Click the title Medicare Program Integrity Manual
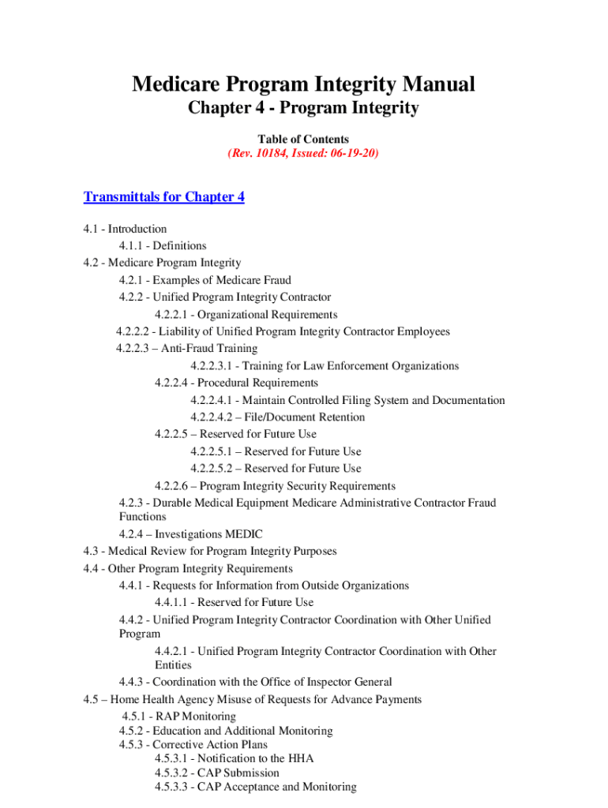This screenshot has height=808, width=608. pyautogui.click(x=303, y=84)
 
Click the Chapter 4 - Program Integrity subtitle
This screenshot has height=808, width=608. pyautogui.click(x=303, y=108)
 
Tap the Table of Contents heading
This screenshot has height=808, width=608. pyautogui.click(x=303, y=139)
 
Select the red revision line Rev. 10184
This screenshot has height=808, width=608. pyautogui.click(x=303, y=153)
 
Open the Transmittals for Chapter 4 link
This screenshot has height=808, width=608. pyautogui.click(x=164, y=196)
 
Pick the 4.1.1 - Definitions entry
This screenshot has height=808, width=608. pyautogui.click(x=163, y=245)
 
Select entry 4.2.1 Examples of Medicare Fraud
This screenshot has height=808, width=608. pyautogui.click(x=205, y=280)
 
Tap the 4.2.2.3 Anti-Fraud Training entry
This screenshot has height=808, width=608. pyautogui.click(x=186, y=348)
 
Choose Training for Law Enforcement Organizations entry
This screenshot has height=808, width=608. pyautogui.click(x=324, y=366)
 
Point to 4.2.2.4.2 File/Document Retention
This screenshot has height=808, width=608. pyautogui.click(x=277, y=417)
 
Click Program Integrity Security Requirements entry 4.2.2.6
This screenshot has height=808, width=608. pyautogui.click(x=275, y=486)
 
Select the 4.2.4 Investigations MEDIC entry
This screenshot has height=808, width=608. pyautogui.click(x=191, y=534)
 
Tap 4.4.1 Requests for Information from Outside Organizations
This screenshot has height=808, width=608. pyautogui.click(x=264, y=585)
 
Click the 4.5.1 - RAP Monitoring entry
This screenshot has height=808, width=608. pyautogui.click(x=179, y=716)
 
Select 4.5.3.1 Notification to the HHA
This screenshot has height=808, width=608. pyautogui.click(x=234, y=758)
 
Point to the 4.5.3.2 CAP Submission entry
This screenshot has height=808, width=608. pyautogui.click(x=217, y=772)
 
